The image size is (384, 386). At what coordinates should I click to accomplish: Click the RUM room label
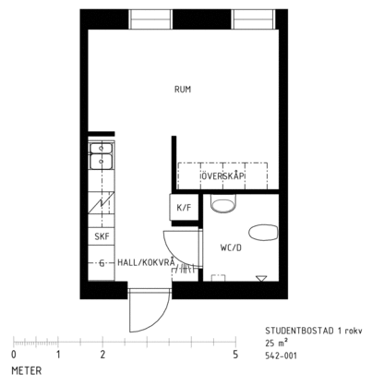183,90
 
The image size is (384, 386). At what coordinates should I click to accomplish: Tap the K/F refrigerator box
184,207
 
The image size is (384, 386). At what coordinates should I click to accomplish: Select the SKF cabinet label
102,236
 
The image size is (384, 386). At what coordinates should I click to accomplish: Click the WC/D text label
231,247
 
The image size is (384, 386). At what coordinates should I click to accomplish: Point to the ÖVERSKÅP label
222,175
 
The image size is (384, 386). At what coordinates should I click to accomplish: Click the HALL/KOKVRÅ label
146,262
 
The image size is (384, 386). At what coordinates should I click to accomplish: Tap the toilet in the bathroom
224,203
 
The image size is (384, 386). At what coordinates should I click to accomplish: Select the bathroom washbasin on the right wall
263,233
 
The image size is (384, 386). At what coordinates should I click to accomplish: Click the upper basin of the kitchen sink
102,148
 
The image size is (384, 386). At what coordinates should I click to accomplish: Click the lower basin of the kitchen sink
102,162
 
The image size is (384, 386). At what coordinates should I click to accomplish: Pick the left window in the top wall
150,19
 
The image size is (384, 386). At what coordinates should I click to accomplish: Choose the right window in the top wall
253,19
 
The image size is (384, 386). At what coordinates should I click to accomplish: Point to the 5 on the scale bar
235,355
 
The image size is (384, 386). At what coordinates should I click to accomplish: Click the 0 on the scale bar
14,355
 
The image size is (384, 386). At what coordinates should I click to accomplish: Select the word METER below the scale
27,370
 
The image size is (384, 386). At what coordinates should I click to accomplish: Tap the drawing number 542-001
282,356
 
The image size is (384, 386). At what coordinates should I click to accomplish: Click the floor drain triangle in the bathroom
261,278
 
